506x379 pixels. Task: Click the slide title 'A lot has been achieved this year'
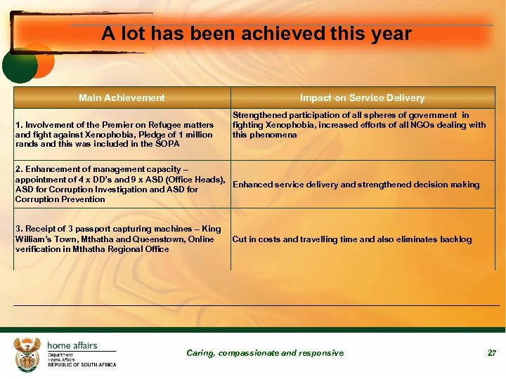tap(256, 34)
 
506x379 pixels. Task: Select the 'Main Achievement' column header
tap(122, 98)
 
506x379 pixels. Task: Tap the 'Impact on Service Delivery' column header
tap(362, 98)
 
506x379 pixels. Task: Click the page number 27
tap(492, 353)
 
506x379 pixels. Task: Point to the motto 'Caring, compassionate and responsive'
tap(265, 353)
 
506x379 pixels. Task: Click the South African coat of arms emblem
tap(27, 354)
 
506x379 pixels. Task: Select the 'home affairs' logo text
tap(72, 345)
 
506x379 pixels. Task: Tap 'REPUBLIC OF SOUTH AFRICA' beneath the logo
tap(82, 365)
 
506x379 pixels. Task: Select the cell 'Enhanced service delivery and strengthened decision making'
tap(356, 185)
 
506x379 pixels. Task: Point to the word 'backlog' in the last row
tap(455, 239)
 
